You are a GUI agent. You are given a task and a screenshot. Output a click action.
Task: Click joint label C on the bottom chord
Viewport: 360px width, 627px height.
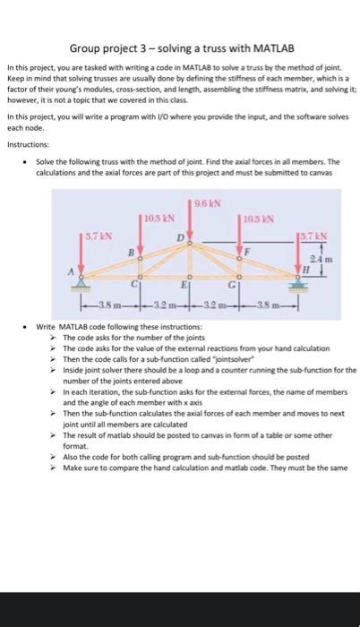pyautogui.click(x=134, y=285)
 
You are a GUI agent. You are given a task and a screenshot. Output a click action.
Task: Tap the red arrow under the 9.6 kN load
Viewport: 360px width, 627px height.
pyautogui.click(x=191, y=224)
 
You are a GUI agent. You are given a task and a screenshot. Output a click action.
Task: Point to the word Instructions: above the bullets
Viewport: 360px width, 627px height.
pyautogui.click(x=29, y=144)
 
